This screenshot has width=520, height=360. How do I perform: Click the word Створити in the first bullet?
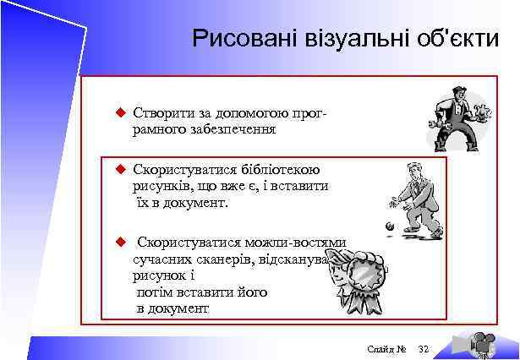pos(159,113)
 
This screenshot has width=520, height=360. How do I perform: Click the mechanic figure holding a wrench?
pos(460,112)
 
